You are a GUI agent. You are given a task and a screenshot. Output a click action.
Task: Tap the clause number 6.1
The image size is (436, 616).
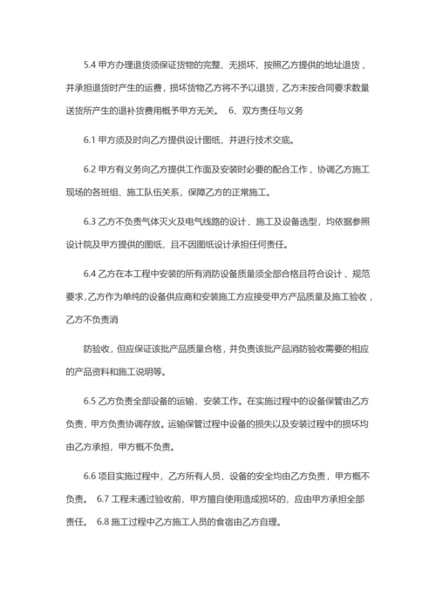91,140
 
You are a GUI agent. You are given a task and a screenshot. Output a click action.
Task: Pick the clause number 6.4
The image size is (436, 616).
91,274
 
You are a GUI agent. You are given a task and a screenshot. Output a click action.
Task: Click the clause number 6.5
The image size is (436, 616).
91,402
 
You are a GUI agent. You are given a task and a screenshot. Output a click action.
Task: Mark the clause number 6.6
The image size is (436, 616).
91,476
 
